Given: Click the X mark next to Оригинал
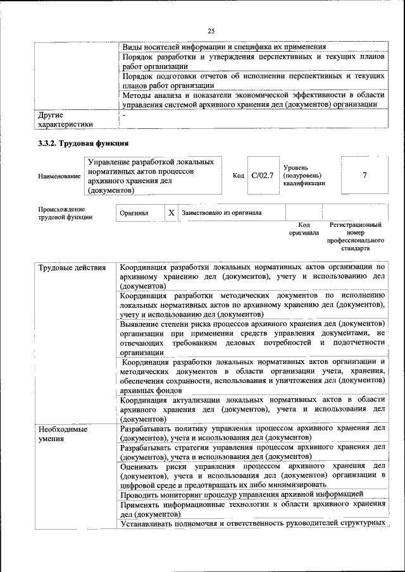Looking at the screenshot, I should pyautogui.click(x=171, y=213).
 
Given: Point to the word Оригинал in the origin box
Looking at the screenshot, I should pyautogui.click(x=134, y=214).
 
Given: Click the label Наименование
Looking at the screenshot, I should pyautogui.click(x=59, y=176).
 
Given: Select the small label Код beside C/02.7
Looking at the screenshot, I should pyautogui.click(x=239, y=176).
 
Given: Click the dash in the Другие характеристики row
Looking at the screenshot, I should pyautogui.click(x=125, y=116).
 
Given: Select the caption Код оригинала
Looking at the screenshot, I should pyautogui.click(x=304, y=228).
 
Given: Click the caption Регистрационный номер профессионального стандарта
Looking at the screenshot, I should pyautogui.click(x=356, y=236).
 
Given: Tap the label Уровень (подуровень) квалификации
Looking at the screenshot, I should pyautogui.click(x=304, y=175).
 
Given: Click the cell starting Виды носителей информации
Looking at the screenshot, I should pyautogui.click(x=224, y=46).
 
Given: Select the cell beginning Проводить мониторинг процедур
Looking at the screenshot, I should pyautogui.click(x=242, y=494).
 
